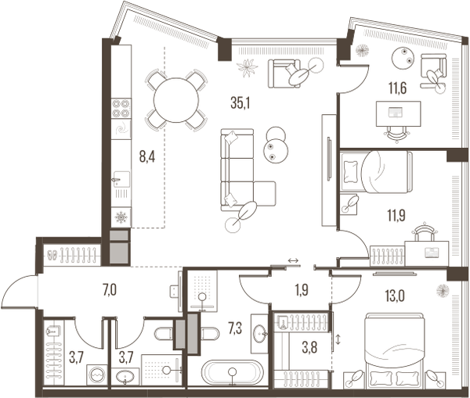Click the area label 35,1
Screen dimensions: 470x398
[240, 103]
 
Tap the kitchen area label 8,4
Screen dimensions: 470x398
[147, 157]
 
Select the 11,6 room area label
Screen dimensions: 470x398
[397, 88]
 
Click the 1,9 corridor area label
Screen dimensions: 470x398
[302, 290]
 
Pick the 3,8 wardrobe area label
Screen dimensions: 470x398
[309, 348]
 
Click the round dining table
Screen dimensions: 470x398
[176, 100]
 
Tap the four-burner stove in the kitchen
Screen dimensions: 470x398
[121, 109]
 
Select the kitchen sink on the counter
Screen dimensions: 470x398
[121, 179]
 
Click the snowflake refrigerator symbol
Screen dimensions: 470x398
[121, 217]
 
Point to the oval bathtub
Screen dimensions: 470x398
[231, 372]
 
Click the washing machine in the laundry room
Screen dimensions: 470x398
[97, 375]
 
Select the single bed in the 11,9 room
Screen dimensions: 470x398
[376, 172]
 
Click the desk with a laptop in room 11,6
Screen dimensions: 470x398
[399, 113]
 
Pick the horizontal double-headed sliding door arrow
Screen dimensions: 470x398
[293, 261]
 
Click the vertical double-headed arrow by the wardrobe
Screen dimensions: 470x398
[338, 339]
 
